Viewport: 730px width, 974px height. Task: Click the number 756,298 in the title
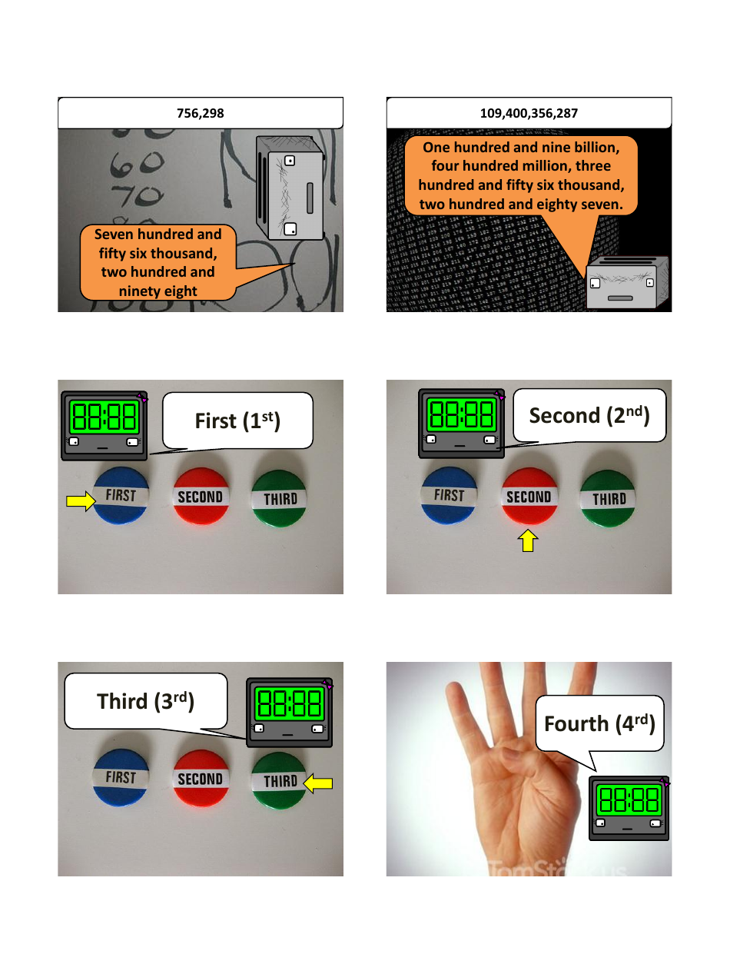click(x=201, y=113)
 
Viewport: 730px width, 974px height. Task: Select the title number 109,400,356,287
click(x=529, y=113)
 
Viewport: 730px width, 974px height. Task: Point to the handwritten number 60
click(x=137, y=162)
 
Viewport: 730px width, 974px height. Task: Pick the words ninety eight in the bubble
click(x=158, y=291)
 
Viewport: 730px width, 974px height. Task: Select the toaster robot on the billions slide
click(x=625, y=283)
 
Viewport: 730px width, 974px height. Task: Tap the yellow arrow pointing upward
click(x=529, y=542)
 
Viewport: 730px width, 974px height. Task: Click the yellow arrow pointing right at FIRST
click(x=79, y=501)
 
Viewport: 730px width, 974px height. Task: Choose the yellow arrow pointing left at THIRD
click(x=318, y=783)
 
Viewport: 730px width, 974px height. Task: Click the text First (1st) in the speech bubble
click(x=237, y=421)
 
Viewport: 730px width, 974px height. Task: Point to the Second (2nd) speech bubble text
click(x=589, y=416)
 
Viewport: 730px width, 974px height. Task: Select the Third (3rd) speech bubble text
click(x=145, y=701)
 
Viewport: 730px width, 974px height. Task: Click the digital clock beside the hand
click(x=629, y=809)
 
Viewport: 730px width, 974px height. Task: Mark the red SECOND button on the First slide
click(x=200, y=497)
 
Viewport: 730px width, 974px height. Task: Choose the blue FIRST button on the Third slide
click(x=121, y=777)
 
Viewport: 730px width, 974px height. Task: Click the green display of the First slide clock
click(x=103, y=416)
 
